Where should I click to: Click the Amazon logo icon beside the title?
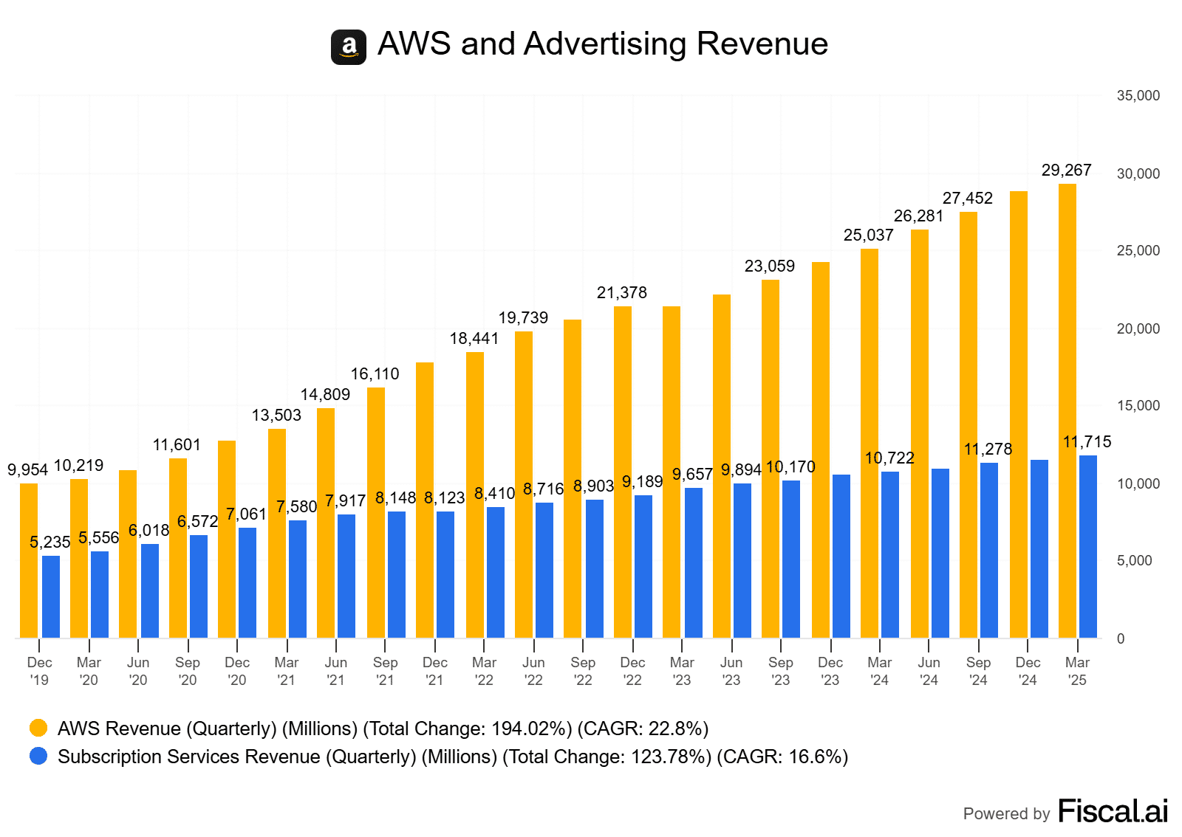click(x=348, y=47)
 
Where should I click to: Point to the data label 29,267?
click(x=1066, y=170)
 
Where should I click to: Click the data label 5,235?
click(x=49, y=542)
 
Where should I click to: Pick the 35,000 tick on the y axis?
click(x=1138, y=96)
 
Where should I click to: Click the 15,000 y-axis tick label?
click(x=1138, y=406)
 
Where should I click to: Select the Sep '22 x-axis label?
click(x=583, y=671)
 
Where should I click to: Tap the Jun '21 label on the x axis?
click(x=336, y=671)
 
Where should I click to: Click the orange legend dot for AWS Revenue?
click(x=38, y=728)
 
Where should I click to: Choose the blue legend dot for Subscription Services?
click(x=38, y=757)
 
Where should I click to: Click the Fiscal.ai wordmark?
click(x=1113, y=811)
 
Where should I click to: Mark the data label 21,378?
click(x=621, y=293)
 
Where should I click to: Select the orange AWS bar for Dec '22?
click(x=623, y=472)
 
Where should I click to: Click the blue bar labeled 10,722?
click(x=890, y=554)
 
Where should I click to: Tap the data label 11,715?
click(x=1087, y=442)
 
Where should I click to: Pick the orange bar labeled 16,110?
click(x=376, y=512)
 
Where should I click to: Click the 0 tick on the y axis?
click(x=1121, y=638)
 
